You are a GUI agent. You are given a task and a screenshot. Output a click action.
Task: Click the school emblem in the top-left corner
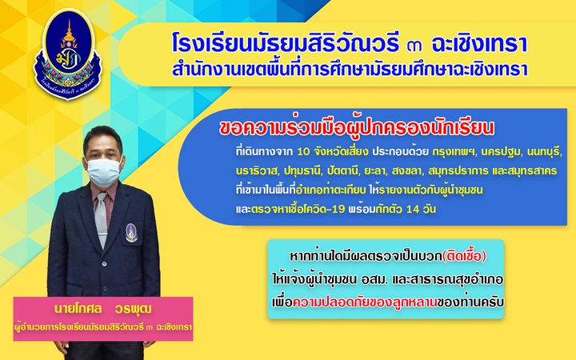coord(68,54)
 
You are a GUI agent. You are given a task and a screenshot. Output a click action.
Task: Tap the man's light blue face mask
coord(103,171)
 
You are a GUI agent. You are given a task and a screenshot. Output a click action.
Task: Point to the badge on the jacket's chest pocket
coord(131,233)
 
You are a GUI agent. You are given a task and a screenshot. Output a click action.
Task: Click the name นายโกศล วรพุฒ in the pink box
coord(103,309)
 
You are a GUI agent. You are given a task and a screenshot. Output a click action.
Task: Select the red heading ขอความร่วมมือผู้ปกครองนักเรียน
coord(356,128)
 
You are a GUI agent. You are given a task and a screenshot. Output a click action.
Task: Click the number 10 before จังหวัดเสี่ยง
coord(303,152)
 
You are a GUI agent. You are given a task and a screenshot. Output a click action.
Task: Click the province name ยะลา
coord(375,171)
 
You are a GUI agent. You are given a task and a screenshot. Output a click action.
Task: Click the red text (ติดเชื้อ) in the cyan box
coord(464,256)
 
